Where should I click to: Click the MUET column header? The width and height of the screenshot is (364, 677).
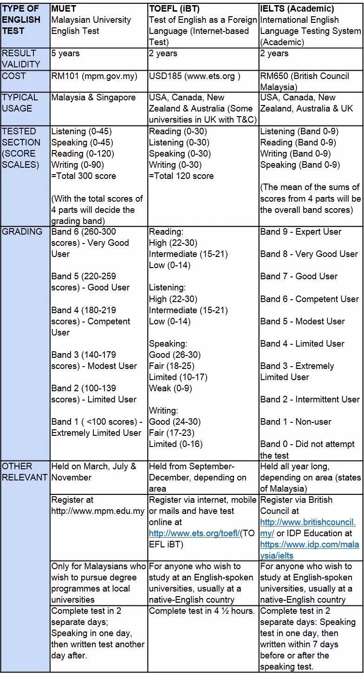tap(62, 9)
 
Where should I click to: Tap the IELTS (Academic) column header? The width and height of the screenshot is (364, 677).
tap(297, 9)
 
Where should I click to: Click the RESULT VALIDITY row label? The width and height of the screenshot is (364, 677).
tap(21, 59)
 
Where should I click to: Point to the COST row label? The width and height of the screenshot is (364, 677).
tap(14, 76)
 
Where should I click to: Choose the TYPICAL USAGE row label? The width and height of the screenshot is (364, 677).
tap(20, 103)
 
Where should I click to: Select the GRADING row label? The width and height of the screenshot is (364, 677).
tap(22, 232)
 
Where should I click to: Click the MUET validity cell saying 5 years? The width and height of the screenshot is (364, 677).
tap(65, 53)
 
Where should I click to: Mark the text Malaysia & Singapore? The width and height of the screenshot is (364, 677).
tap(93, 98)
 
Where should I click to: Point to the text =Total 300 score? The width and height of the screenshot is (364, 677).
tap(84, 176)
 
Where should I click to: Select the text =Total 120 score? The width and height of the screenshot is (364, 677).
tap(181, 176)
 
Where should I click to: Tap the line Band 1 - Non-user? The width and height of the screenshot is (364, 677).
tap(296, 422)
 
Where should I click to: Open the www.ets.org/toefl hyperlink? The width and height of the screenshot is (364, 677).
tap(195, 533)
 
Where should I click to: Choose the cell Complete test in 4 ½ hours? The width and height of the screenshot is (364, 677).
tap(202, 611)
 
